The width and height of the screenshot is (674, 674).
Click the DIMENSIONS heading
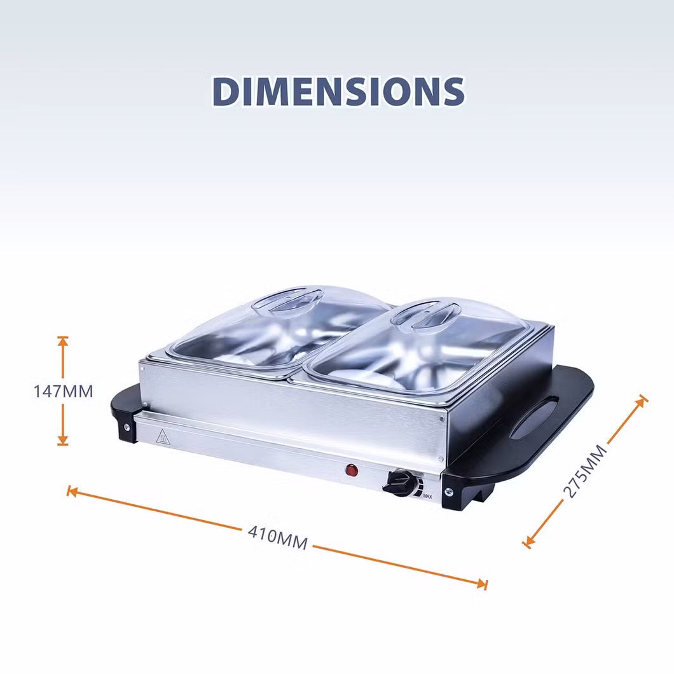tap(338, 91)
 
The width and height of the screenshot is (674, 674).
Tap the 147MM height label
tap(63, 392)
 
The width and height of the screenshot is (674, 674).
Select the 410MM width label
tap(278, 538)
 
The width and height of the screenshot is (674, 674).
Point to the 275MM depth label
tap(585, 471)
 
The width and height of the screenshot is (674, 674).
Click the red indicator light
tap(352, 471)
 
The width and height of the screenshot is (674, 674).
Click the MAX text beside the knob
tap(427, 497)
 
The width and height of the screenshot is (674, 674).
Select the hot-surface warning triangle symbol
tap(163, 437)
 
